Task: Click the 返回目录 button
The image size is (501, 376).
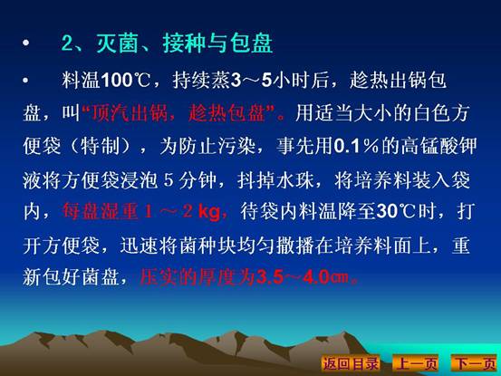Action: (x=351, y=363)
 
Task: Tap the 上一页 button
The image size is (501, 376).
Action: (x=416, y=363)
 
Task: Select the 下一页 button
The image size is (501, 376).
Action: (x=475, y=363)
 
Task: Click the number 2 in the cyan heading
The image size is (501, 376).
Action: (x=67, y=43)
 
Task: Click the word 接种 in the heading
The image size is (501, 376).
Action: (x=183, y=43)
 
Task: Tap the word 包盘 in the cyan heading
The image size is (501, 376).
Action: (x=252, y=43)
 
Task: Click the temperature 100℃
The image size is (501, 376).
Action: (x=126, y=81)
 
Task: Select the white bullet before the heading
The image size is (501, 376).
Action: (x=26, y=43)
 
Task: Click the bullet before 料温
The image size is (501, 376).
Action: (x=25, y=81)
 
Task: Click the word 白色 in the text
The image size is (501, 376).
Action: (x=433, y=112)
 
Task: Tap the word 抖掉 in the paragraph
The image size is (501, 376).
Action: (x=256, y=180)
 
